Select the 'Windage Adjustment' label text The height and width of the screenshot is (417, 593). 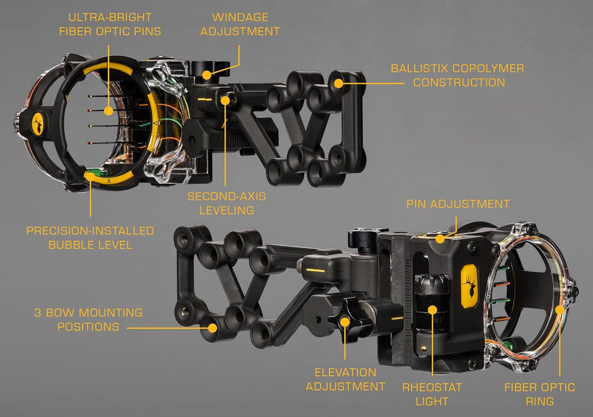[x=240, y=24]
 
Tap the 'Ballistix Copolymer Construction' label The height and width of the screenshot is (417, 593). [x=457, y=75]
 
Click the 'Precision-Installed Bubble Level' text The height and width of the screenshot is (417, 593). [x=90, y=237]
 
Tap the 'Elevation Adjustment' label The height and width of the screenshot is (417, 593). [x=346, y=380]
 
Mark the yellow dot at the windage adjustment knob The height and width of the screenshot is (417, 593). [x=206, y=75]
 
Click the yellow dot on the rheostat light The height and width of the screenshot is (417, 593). [x=433, y=309]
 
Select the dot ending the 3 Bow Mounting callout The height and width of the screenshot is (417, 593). [x=211, y=326]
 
